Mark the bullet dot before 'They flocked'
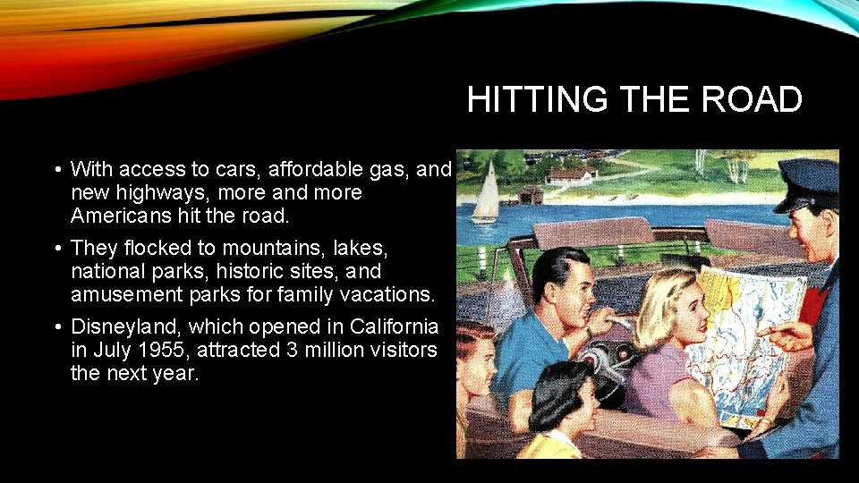tap(56, 246)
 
